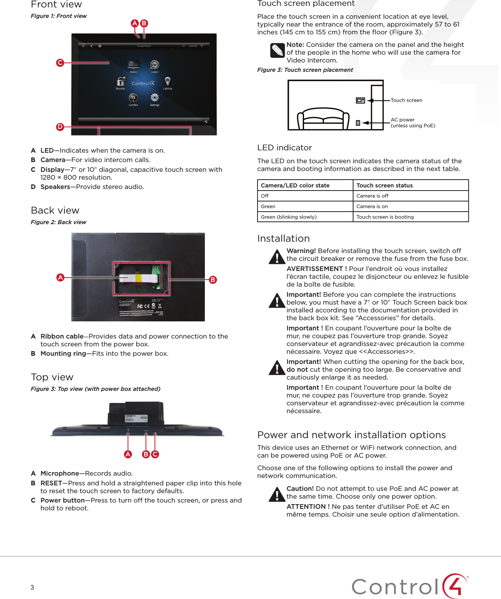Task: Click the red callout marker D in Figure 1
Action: click(60, 127)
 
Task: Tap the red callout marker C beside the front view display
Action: click(60, 62)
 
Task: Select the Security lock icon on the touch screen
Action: click(121, 82)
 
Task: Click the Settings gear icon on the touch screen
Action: click(155, 98)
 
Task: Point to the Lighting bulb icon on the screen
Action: click(167, 81)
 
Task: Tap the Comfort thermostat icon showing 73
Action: click(133, 98)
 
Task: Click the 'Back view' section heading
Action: click(55, 210)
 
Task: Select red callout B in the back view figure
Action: click(213, 280)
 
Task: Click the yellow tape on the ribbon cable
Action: click(138, 278)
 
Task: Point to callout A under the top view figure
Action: click(128, 454)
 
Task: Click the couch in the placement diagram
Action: click(323, 118)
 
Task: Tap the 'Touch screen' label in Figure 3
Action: click(406, 100)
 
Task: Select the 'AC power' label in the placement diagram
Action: click(403, 120)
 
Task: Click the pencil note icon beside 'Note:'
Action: click(277, 50)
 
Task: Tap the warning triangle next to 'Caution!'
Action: click(277, 494)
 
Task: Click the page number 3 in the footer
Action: click(32, 587)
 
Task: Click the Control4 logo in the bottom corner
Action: click(410, 586)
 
